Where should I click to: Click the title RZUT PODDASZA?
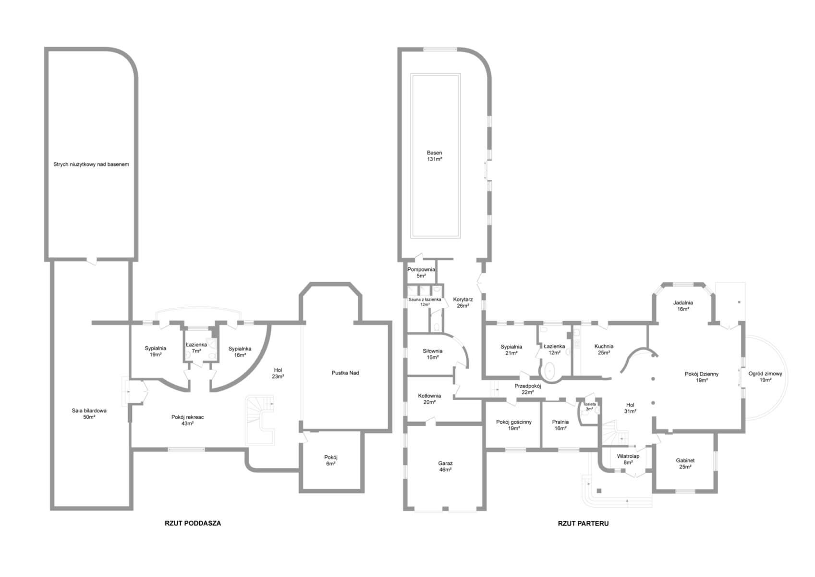(x=193, y=523)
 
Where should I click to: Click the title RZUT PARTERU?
(x=583, y=524)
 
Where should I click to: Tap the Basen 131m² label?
(x=435, y=156)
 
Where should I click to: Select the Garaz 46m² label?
(x=445, y=466)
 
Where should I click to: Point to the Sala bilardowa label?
(x=89, y=411)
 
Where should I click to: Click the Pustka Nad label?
(x=345, y=373)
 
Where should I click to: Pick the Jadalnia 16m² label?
(x=683, y=306)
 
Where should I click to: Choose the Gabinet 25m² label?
(x=685, y=464)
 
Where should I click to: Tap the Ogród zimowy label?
(x=765, y=374)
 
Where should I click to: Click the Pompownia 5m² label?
(x=421, y=273)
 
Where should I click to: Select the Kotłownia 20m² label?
(x=429, y=399)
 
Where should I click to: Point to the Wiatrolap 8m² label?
(x=628, y=459)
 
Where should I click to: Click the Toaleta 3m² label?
(x=589, y=406)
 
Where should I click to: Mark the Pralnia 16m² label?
(x=560, y=425)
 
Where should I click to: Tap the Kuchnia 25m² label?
(x=604, y=350)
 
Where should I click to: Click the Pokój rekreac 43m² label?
(x=187, y=420)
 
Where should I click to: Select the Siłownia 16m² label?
(x=432, y=354)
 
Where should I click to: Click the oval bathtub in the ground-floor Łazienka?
(x=549, y=371)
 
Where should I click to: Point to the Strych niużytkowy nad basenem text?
(x=91, y=164)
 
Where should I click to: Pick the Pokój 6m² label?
(x=331, y=461)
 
